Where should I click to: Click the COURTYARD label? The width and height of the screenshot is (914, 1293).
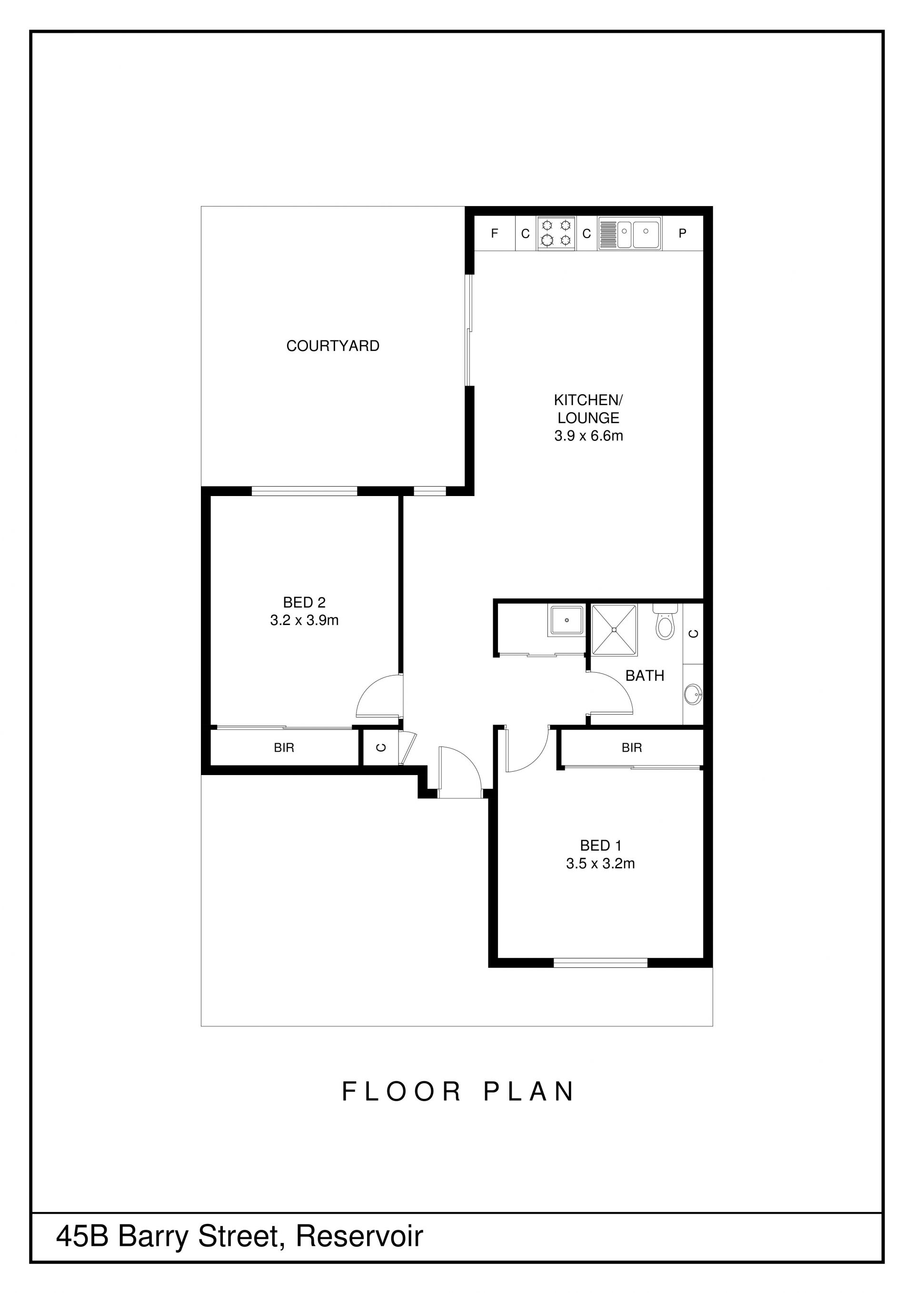pyautogui.click(x=333, y=346)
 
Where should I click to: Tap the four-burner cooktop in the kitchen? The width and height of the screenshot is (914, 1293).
pyautogui.click(x=556, y=233)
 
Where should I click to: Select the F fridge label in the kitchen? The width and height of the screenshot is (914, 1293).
pyautogui.click(x=495, y=233)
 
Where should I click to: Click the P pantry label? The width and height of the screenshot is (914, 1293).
pyautogui.click(x=683, y=233)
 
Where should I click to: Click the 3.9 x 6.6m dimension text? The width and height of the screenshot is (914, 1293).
pyautogui.click(x=588, y=436)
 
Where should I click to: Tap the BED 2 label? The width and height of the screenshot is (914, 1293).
pyautogui.click(x=304, y=603)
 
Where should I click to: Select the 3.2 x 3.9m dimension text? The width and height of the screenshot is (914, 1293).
pyautogui.click(x=304, y=621)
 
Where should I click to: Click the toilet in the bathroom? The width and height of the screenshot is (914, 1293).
pyautogui.click(x=665, y=621)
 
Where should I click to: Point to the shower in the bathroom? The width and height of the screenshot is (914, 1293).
pyautogui.click(x=615, y=630)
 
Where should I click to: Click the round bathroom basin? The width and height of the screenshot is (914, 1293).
pyautogui.click(x=694, y=695)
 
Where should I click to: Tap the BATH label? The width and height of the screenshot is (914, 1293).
pyautogui.click(x=645, y=676)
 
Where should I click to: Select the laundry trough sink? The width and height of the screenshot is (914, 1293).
pyautogui.click(x=566, y=621)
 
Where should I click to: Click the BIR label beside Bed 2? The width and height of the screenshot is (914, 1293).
pyautogui.click(x=284, y=748)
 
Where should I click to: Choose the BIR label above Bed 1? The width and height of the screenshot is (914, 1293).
pyautogui.click(x=632, y=748)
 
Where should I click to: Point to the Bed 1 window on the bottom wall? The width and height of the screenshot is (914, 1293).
pyautogui.click(x=600, y=963)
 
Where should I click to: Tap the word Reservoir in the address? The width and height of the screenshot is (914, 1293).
pyautogui.click(x=359, y=1237)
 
